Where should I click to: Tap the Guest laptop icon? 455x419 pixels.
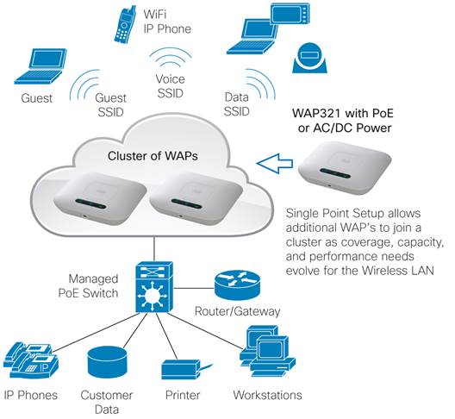[x=41, y=66]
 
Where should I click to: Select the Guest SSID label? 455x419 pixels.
[x=111, y=105]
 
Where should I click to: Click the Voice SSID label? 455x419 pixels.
[x=170, y=86]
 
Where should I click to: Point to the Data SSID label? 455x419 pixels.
[x=237, y=104]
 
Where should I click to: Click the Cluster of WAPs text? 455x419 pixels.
[x=153, y=156]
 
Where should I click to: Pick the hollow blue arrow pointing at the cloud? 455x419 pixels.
[x=275, y=164]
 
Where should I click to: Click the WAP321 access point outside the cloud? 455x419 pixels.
[x=345, y=167]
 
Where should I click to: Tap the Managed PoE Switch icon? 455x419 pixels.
[x=154, y=287]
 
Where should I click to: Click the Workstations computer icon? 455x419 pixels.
[x=267, y=352]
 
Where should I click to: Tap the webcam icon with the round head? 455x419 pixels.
[x=309, y=58]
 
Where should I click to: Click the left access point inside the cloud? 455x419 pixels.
[x=99, y=198]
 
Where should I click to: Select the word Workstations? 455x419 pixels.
[x=267, y=395]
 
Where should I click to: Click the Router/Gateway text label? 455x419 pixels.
[x=237, y=311]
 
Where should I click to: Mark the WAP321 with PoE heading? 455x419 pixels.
[x=343, y=113]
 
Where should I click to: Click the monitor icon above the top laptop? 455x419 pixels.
[x=290, y=13]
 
